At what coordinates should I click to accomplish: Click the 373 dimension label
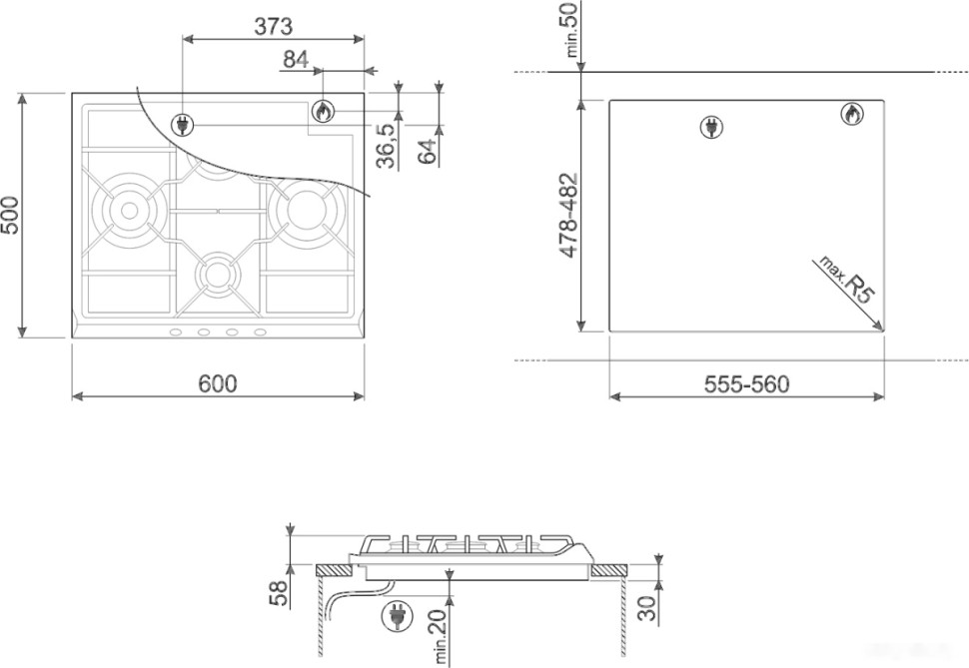(x=272, y=27)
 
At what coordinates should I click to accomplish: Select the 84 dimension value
(x=295, y=60)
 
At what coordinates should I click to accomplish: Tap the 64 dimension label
(x=429, y=152)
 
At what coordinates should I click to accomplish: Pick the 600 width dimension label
(x=217, y=383)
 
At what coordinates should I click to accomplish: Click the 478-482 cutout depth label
(x=567, y=217)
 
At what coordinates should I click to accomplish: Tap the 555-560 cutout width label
(x=745, y=384)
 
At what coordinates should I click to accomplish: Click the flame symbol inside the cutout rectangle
(x=850, y=115)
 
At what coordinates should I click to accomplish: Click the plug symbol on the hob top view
(x=183, y=124)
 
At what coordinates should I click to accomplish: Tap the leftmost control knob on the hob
(x=175, y=333)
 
